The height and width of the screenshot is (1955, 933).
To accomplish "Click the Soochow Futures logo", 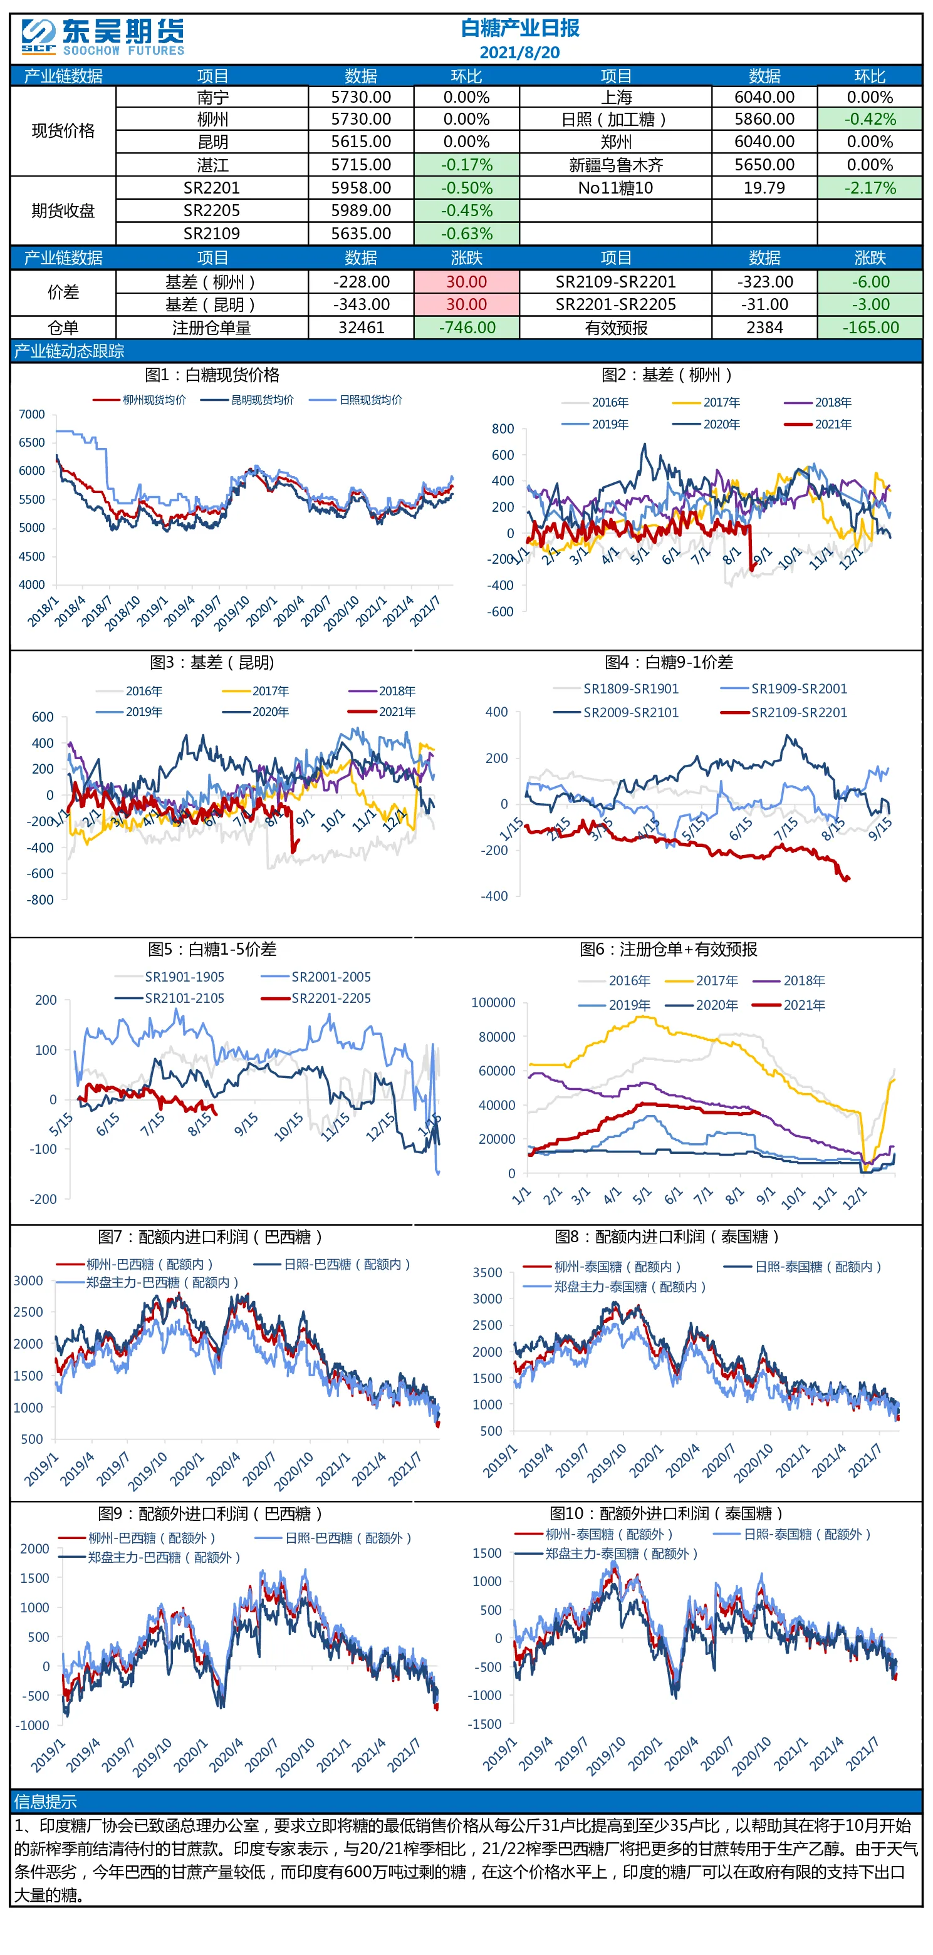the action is click(x=103, y=36).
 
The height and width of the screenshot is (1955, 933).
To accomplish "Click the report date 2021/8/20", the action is click(x=519, y=53).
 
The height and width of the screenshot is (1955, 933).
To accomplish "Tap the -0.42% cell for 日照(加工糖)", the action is click(x=869, y=119).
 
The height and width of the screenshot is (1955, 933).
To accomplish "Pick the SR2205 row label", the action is click(x=211, y=210).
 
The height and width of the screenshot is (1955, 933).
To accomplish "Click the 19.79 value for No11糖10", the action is click(x=764, y=187).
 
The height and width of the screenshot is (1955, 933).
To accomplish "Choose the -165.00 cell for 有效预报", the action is click(x=869, y=327).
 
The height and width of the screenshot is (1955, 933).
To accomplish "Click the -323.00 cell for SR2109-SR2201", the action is click(x=764, y=281).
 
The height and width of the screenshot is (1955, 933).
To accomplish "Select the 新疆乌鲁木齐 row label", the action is click(x=616, y=165).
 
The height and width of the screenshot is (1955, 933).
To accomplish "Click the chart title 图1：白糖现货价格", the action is click(x=212, y=375).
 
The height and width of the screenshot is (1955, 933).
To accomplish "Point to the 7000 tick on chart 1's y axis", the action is click(x=32, y=415).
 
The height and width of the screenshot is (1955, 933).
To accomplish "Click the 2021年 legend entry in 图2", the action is click(x=818, y=424).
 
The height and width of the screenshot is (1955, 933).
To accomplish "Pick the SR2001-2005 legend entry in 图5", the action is click(x=316, y=977).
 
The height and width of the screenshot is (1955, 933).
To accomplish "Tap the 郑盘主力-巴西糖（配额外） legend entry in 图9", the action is click(x=150, y=1557).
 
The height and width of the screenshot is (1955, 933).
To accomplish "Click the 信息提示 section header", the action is click(x=46, y=1802).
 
